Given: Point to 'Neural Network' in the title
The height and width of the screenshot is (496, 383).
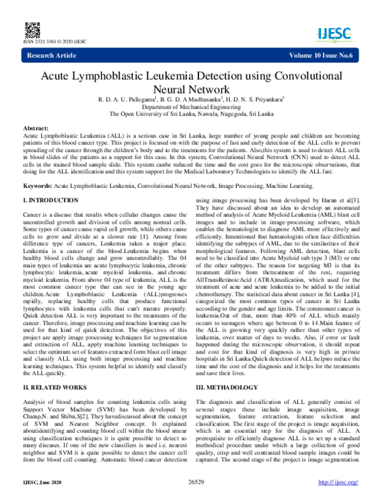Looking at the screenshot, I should pyautogui.click(x=191, y=89).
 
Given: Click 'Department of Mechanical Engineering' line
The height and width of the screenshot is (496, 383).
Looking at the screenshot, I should pyautogui.click(x=191, y=107).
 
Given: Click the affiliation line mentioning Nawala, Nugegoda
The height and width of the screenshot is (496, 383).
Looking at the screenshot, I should pyautogui.click(x=191, y=115).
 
